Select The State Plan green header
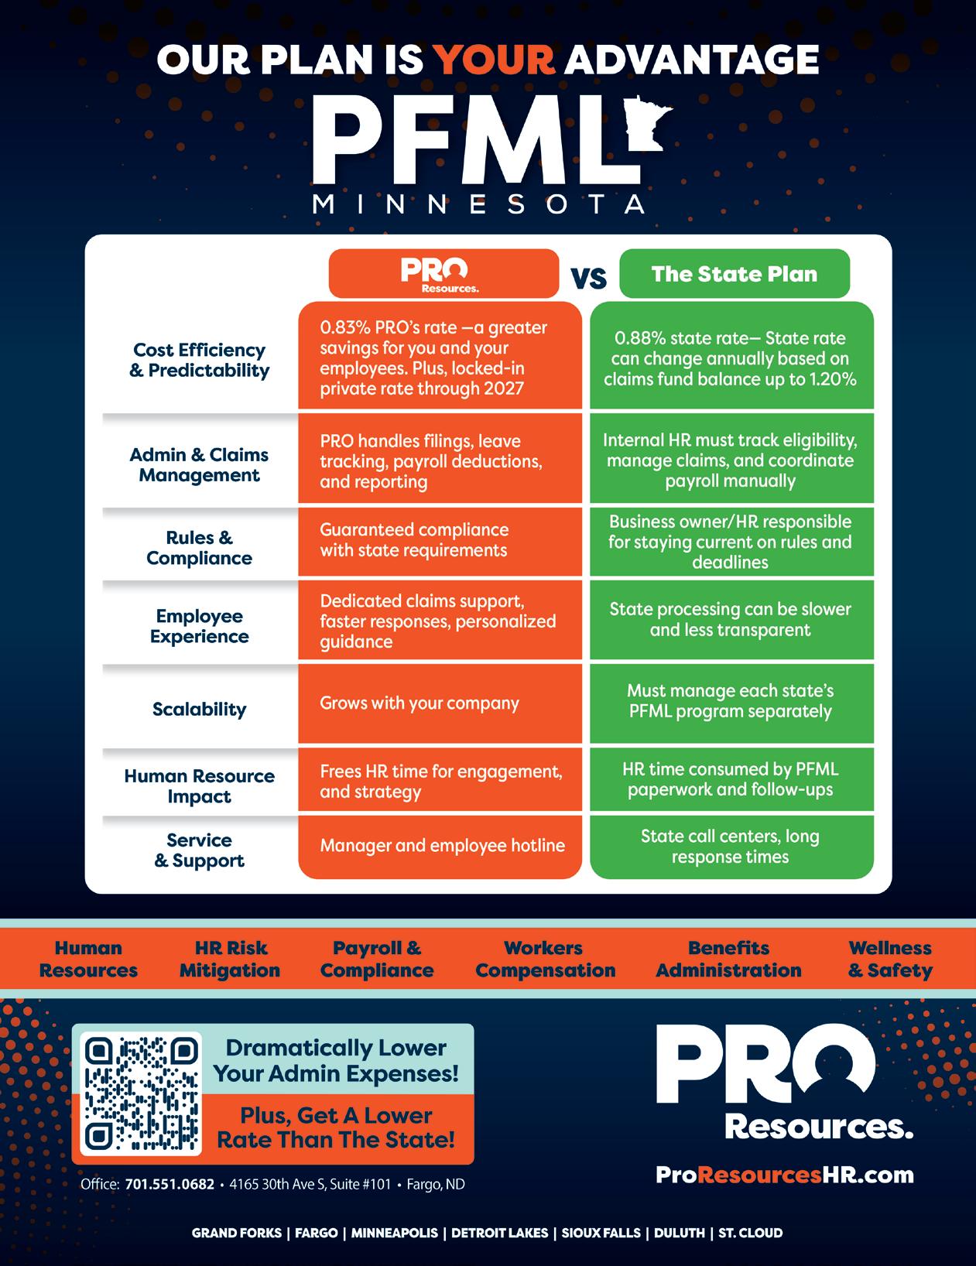click(734, 274)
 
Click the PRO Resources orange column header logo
click(443, 274)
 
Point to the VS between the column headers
click(589, 277)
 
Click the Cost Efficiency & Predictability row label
click(199, 360)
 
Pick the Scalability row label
click(199, 709)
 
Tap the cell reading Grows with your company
click(420, 703)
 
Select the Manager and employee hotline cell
click(442, 845)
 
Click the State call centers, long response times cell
click(730, 846)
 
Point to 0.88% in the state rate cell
click(639, 338)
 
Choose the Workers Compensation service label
click(545, 959)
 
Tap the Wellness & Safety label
click(890, 959)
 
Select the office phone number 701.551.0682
click(170, 1185)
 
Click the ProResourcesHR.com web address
click(785, 1175)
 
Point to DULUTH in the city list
click(679, 1233)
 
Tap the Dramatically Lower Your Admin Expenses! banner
click(336, 1060)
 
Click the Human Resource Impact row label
click(199, 785)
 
